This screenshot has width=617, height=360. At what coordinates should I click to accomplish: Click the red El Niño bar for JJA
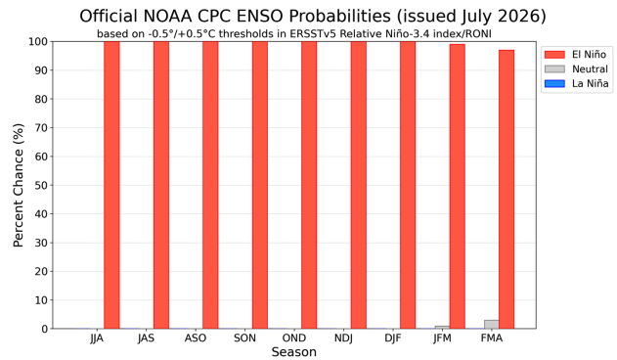point(111,185)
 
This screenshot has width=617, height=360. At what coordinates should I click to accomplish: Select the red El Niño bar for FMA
point(507,189)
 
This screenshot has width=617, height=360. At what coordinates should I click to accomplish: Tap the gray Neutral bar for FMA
point(492,324)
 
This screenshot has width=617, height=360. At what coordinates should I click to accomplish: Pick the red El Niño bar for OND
point(309,185)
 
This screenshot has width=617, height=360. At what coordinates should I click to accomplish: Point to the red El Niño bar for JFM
point(458,186)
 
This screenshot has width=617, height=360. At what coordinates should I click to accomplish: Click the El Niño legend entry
point(576,55)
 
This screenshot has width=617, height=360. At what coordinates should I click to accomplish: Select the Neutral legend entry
point(576,68)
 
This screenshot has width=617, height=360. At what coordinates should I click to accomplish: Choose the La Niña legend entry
point(576,83)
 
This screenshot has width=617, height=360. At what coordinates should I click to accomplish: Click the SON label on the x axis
point(244,337)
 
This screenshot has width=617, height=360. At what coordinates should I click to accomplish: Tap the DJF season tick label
point(393,337)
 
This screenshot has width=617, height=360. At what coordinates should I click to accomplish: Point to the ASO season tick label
point(196,337)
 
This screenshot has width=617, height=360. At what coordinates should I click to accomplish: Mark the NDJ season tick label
point(343,337)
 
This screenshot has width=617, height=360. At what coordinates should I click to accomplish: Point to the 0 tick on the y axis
point(44,329)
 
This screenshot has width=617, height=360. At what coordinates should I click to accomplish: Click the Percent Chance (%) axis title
point(19,185)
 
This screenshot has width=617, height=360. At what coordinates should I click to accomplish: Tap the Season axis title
point(294,352)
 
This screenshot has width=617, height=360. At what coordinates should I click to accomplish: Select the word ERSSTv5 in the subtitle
point(313,34)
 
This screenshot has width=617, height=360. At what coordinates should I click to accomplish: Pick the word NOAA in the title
point(167,17)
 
